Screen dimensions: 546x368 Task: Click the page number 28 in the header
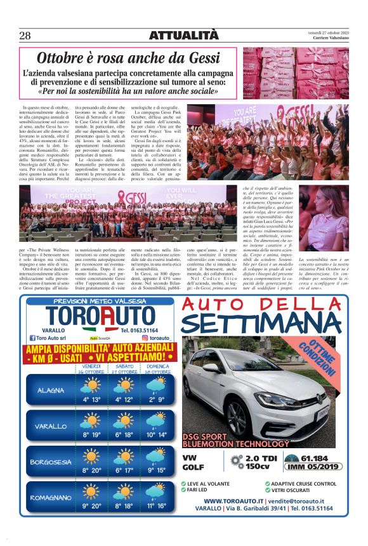(x=25, y=36)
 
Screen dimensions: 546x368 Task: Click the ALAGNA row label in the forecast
(x=50, y=390)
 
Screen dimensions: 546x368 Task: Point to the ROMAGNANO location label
(x=50, y=498)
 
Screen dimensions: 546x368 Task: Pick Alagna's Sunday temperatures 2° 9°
(x=156, y=399)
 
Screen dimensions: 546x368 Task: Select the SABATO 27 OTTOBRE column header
(x=124, y=369)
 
